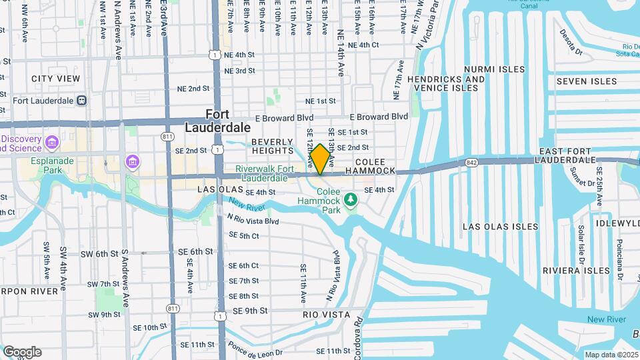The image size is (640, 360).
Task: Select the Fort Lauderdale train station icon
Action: pos(81,101)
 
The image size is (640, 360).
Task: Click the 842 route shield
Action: pos(472,161)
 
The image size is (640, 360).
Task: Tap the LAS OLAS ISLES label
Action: pos(500,227)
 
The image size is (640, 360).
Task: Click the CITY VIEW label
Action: pos(55,79)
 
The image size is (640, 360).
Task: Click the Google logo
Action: pos(22,351)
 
